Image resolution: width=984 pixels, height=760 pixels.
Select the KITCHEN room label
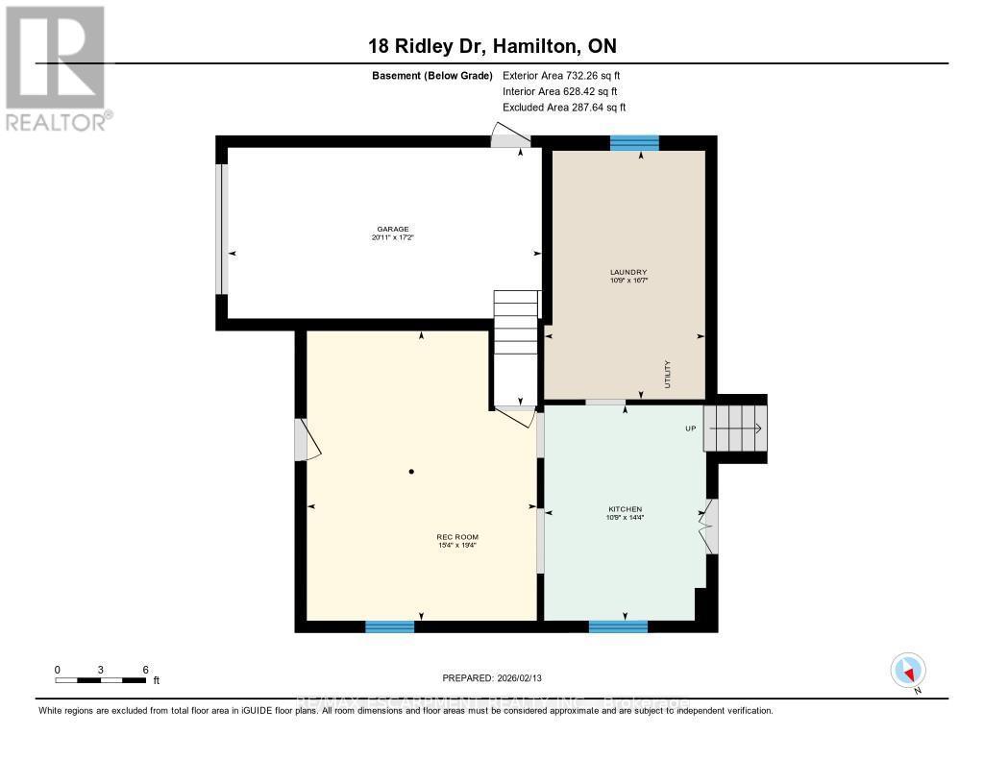[625, 509]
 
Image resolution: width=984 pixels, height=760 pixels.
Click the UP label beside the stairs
[690, 429]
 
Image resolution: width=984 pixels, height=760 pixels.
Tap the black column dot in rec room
[411, 472]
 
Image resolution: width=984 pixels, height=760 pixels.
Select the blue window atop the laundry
[634, 143]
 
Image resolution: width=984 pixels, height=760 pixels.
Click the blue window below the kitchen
[618, 626]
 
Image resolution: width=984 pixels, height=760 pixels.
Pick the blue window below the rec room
[389, 626]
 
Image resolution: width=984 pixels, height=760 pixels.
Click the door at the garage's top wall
[508, 136]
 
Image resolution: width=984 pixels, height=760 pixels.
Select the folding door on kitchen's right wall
[709, 526]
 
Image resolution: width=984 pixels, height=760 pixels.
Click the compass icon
[908, 671]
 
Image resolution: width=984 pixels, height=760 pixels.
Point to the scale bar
[101, 680]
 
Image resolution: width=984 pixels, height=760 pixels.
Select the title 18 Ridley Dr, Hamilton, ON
[491, 46]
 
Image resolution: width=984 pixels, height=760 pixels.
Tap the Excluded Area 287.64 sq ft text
[564, 108]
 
